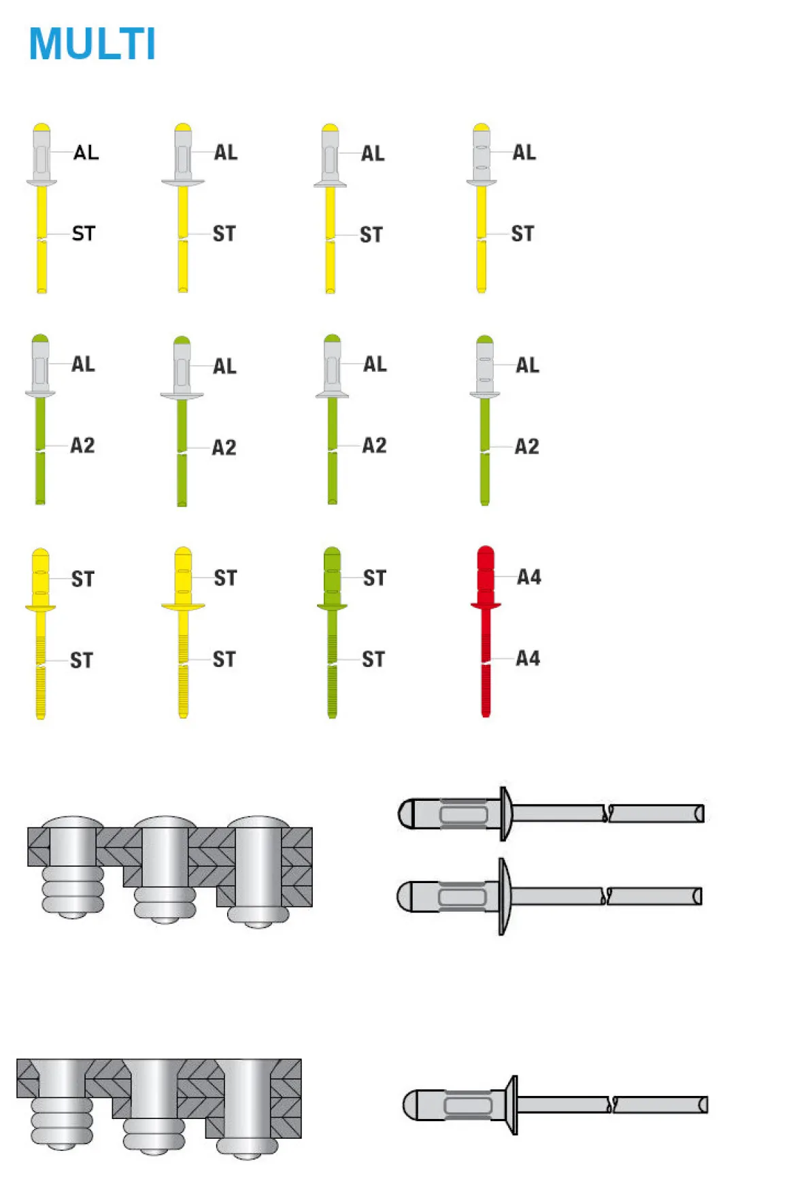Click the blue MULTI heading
tap(93, 44)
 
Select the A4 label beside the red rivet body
tap(528, 577)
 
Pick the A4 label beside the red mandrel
tap(527, 658)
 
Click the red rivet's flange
tap(486, 604)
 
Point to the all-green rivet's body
tap(332, 574)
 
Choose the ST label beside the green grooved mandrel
tap(373, 659)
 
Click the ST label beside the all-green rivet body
tap(374, 578)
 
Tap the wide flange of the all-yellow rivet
tap(182, 606)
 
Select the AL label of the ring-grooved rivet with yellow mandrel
tap(524, 152)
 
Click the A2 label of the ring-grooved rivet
tap(526, 447)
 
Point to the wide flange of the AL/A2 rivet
tap(182, 395)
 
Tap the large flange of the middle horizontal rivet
tap(503, 897)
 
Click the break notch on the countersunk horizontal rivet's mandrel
tap(613, 1104)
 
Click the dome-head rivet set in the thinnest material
tap(73, 863)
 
